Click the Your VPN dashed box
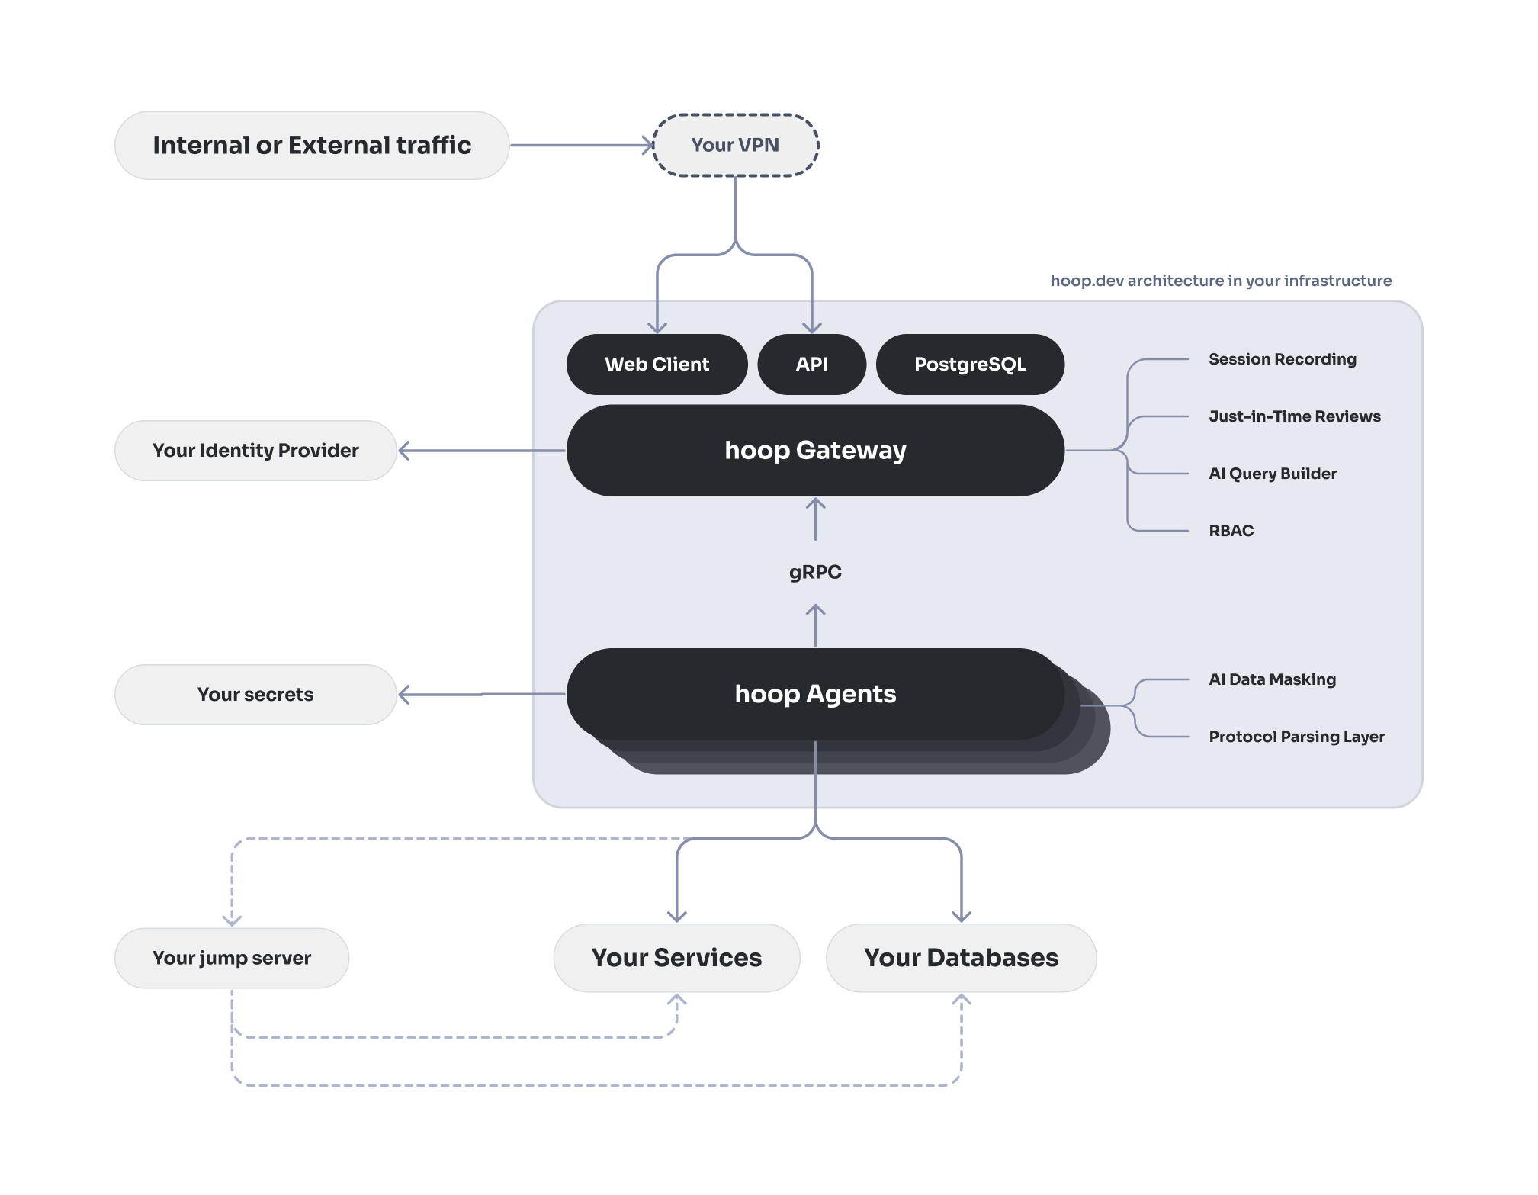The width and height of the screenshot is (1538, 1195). tap(735, 145)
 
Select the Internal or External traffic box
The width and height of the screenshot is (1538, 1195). tap(312, 145)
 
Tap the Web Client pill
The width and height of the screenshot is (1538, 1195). tap(657, 365)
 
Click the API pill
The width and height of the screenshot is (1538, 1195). tap(811, 365)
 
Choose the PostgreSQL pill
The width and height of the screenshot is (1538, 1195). tap(970, 365)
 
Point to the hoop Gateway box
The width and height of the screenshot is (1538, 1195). tap(815, 451)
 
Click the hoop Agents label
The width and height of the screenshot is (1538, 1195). tap(815, 694)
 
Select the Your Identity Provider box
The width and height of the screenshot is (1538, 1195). tap(255, 451)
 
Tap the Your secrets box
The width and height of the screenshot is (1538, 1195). tap(255, 695)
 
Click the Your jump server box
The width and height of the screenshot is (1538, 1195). tap(232, 958)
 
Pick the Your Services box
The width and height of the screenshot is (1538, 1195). tap(676, 958)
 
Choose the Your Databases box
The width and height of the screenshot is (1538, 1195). tap(961, 958)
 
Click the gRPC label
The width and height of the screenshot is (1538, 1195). tap(815, 572)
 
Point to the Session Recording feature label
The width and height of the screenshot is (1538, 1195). tap(1283, 359)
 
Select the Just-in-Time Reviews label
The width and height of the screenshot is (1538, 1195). tap(1295, 416)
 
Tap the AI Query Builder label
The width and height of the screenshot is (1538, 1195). tap(1273, 474)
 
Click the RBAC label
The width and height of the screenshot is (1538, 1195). tap(1231, 531)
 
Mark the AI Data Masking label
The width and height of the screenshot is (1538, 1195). tap(1272, 679)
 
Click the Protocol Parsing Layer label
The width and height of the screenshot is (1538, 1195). tap(1296, 737)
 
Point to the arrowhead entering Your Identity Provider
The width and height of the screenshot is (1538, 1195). tap(404, 451)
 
